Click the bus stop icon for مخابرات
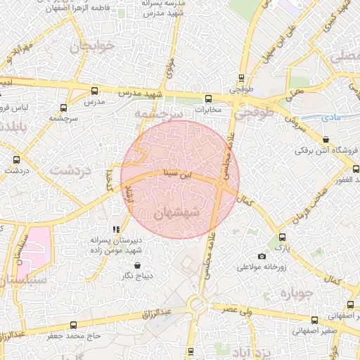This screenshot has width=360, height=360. (207, 99)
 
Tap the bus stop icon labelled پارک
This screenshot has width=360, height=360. (282, 237)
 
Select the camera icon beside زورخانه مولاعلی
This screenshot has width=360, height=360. (262, 256)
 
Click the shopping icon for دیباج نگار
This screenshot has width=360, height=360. (136, 265)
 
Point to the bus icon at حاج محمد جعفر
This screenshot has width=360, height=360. (74, 325)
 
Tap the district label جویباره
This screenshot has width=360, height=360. (295, 291)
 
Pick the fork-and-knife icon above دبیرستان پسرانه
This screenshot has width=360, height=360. (116, 229)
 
